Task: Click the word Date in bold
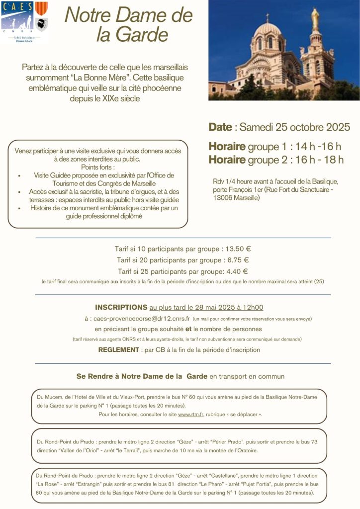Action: (220, 127)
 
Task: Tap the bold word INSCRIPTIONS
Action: (121, 307)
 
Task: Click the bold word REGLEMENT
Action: (118, 350)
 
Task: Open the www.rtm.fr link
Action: (191, 414)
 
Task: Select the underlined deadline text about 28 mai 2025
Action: (206, 307)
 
